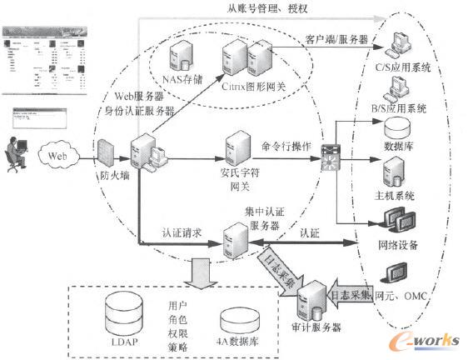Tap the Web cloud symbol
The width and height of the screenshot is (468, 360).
(56, 154)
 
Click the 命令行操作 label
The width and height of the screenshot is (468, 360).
(286, 146)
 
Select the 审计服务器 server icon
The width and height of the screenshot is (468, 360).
(314, 298)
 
